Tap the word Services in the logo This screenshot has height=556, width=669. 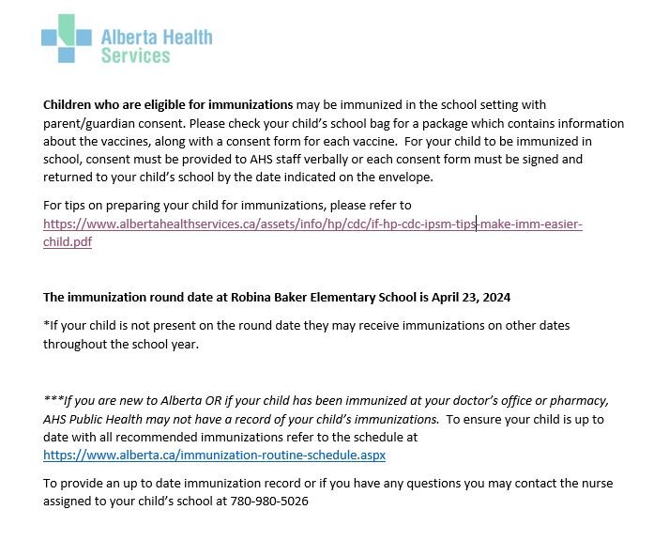tap(135, 55)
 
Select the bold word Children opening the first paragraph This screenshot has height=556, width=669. tap(71, 104)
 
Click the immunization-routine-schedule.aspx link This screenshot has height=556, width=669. tap(214, 455)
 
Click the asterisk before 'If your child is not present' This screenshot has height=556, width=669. tap(46, 325)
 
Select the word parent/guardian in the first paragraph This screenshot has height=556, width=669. tap(86, 123)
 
